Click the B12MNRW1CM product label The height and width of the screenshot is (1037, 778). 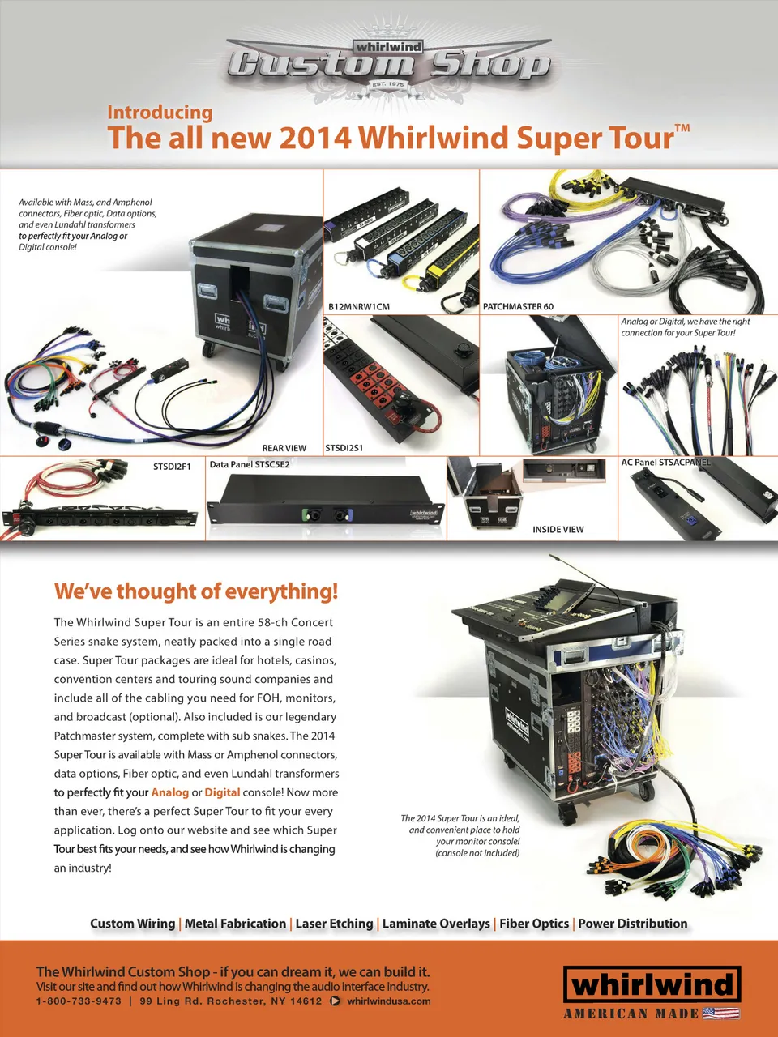359,306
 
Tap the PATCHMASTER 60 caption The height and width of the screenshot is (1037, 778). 518,306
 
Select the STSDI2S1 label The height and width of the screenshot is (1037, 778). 344,448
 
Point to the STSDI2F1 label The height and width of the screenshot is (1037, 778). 172,467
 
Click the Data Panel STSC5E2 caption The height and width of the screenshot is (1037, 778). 250,464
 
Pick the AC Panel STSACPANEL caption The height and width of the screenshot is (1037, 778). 665,462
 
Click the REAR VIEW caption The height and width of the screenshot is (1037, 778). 284,448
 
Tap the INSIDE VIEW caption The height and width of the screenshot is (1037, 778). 558,530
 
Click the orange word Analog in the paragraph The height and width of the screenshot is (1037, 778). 170,792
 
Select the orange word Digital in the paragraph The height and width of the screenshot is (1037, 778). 222,792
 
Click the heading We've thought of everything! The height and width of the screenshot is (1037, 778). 196,591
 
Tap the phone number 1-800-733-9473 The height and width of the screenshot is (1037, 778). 79,1001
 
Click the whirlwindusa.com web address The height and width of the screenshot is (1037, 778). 389,1001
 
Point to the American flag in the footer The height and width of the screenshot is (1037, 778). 720,1013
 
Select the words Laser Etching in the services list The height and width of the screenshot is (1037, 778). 335,923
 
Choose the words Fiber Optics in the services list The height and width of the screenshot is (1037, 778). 534,923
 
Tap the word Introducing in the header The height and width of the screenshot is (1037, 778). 160,113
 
